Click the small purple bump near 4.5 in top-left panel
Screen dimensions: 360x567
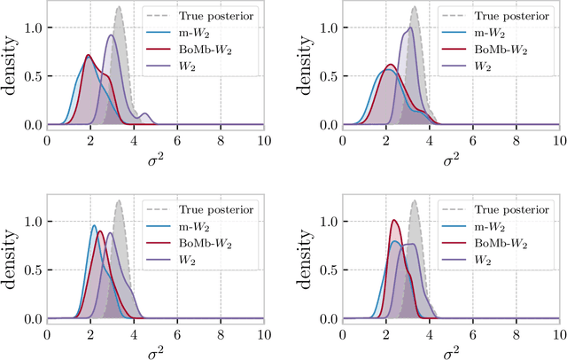144,113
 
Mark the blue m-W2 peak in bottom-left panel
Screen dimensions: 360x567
94,226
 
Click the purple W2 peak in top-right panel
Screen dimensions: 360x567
408,28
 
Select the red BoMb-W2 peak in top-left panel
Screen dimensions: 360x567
88,56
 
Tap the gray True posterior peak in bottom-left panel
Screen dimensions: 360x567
118,201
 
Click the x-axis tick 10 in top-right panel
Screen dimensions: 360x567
558,138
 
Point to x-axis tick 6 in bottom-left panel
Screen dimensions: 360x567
177,333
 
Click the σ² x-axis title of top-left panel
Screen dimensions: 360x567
155,157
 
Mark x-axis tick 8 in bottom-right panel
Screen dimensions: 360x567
515,333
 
